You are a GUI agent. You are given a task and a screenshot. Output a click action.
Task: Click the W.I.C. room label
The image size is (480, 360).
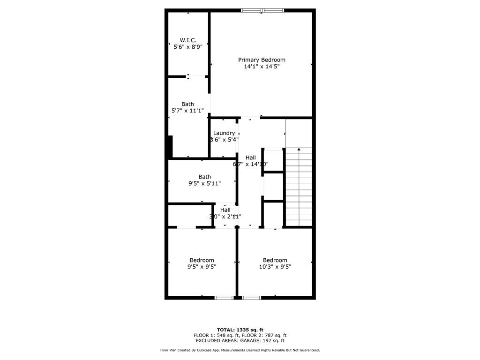[188, 40]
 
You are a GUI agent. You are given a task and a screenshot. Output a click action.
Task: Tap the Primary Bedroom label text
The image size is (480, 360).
[262, 60]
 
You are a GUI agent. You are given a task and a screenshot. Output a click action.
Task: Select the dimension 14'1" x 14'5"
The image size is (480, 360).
[262, 67]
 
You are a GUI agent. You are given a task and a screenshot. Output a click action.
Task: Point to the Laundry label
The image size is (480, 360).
[224, 133]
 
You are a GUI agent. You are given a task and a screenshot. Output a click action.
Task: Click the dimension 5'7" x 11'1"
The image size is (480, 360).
[187, 111]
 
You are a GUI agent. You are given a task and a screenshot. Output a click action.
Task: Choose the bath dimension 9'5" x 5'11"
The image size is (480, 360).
[204, 183]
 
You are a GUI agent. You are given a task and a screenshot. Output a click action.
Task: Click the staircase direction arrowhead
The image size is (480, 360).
[299, 150]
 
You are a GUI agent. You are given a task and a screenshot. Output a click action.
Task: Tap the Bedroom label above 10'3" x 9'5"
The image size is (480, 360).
[275, 261]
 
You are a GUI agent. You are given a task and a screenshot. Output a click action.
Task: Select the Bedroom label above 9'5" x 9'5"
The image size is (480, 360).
[202, 261]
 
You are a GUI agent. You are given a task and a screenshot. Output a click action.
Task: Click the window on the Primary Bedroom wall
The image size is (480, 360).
[262, 10]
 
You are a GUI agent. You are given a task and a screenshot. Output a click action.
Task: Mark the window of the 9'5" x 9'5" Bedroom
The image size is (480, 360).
[224, 297]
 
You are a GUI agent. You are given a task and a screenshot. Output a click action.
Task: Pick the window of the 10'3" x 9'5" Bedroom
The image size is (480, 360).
[252, 297]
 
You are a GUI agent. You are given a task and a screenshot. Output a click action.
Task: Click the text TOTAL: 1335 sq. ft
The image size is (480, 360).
[240, 330]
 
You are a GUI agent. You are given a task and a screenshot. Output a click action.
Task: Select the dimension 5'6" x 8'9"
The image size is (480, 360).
[188, 47]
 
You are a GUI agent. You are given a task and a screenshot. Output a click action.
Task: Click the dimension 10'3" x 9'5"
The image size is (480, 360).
[275, 267]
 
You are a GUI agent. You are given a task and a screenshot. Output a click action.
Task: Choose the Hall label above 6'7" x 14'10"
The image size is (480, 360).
[251, 157]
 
